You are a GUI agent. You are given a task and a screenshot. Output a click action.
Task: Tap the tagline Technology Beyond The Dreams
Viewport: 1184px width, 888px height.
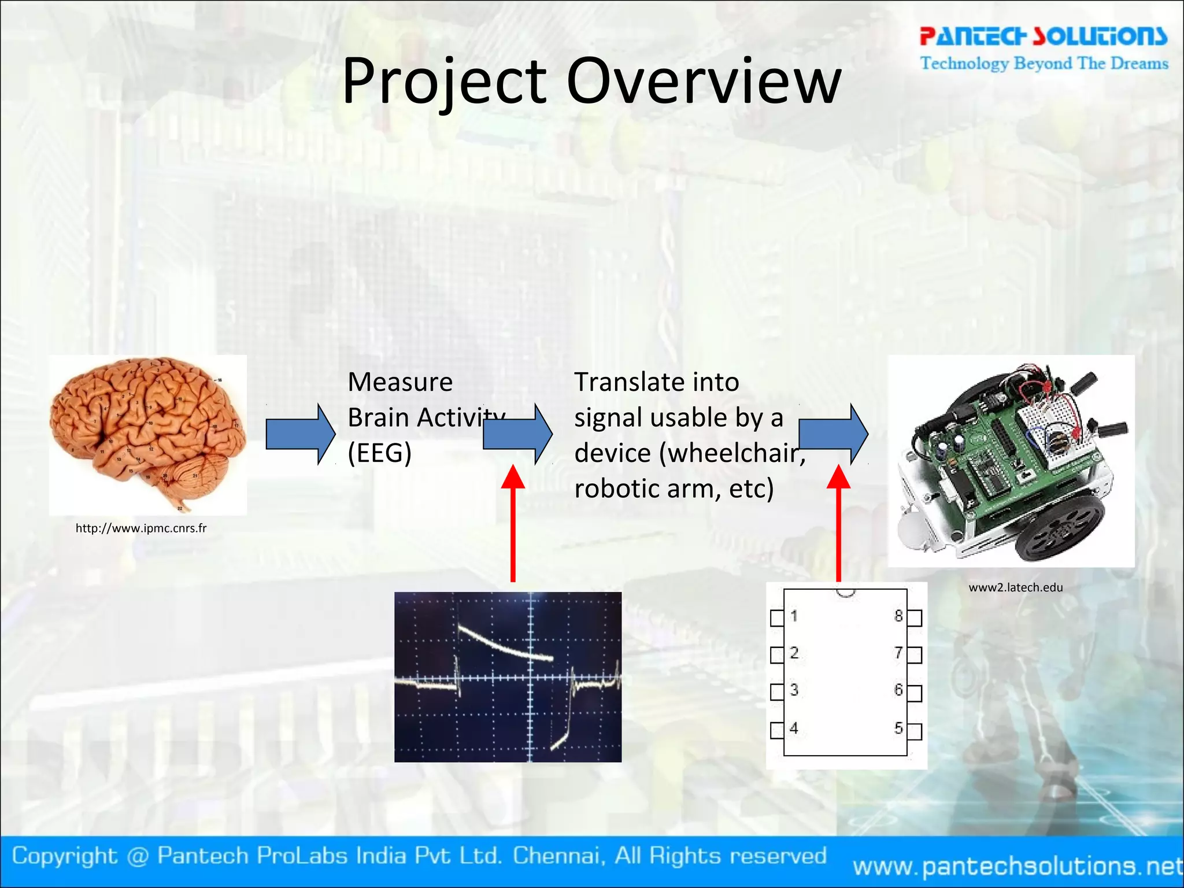pyautogui.click(x=1044, y=63)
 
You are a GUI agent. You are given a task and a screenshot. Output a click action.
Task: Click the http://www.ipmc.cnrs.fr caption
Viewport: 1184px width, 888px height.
pyautogui.click(x=141, y=528)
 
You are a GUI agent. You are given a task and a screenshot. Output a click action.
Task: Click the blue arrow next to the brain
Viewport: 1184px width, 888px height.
pyautogui.click(x=300, y=434)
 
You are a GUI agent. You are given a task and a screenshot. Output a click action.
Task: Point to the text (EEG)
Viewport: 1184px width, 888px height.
pyautogui.click(x=379, y=453)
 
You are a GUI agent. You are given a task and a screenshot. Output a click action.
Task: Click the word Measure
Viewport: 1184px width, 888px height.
pyautogui.click(x=400, y=382)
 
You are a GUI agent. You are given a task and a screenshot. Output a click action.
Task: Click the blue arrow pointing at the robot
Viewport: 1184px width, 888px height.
pyautogui.click(x=832, y=434)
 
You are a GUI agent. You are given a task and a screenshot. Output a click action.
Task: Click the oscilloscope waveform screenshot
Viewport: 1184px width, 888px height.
pyautogui.click(x=508, y=676)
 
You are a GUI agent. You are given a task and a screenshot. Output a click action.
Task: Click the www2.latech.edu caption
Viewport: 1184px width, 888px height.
pyautogui.click(x=1016, y=587)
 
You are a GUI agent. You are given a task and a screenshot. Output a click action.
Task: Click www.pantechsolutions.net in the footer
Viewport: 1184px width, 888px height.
pyautogui.click(x=1017, y=866)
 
